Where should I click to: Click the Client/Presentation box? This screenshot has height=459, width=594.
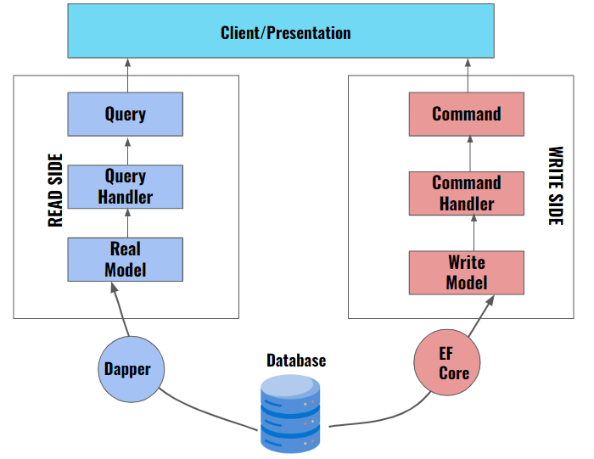point(285,34)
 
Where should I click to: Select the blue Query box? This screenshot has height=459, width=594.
point(126,114)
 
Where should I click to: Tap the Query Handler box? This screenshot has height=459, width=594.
point(126,187)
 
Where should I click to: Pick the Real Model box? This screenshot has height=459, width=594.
point(126,260)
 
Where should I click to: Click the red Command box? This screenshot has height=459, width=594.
point(467,114)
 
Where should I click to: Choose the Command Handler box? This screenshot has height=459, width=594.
point(467,193)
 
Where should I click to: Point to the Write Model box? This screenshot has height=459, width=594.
point(467,271)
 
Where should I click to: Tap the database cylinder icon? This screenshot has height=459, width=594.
point(292,413)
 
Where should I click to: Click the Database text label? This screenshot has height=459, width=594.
point(296,361)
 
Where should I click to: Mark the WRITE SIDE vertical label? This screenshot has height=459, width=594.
point(555,187)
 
